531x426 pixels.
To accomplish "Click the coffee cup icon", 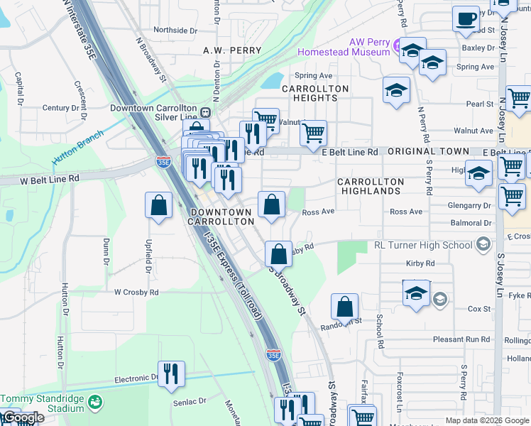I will (466, 18).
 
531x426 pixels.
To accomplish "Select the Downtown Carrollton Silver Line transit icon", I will (205, 111).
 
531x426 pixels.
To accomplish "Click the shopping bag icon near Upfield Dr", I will (159, 206).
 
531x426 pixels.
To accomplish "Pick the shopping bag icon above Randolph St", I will (344, 307).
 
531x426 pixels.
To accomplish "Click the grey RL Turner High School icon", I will (483, 245).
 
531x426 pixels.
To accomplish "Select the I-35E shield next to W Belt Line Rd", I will (163, 162).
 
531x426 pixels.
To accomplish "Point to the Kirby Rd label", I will (420, 263).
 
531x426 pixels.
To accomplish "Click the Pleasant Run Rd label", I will (461, 339).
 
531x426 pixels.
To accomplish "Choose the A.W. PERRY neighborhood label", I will (232, 50).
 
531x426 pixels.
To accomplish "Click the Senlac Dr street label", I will (189, 402).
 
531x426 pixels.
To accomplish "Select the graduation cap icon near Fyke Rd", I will (416, 293).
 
